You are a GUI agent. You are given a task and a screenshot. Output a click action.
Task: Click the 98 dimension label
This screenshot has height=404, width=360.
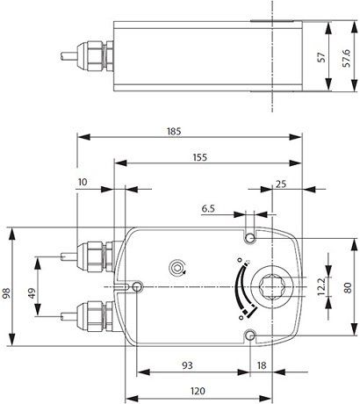point(8,291)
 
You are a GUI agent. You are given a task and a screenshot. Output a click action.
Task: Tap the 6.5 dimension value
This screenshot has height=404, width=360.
point(209,210)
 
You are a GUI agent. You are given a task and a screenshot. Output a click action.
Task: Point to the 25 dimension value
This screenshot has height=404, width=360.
point(281,184)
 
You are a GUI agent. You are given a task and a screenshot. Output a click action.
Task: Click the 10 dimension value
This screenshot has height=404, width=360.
point(83,182)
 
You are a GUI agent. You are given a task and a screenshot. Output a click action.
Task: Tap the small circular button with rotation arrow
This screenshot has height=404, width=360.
point(179,266)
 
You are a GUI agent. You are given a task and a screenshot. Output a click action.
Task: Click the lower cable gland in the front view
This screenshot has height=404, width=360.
point(95,312)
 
